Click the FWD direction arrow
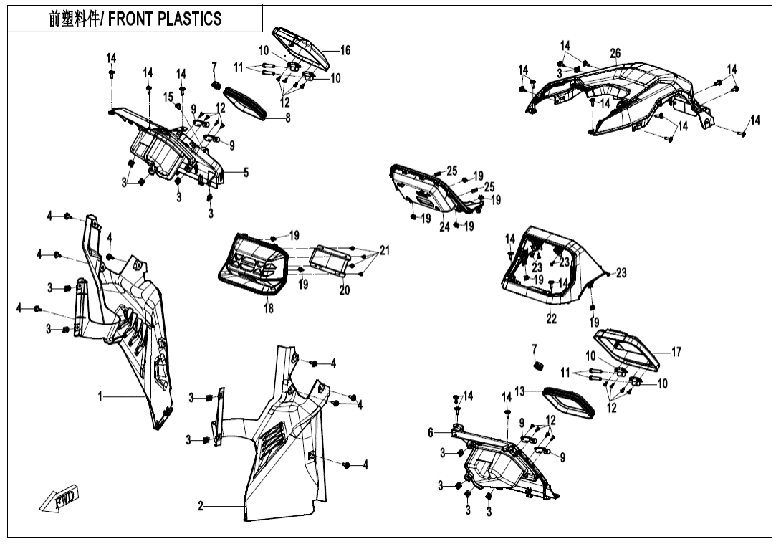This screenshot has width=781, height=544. (x=60, y=499)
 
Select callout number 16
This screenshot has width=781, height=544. (x=345, y=50)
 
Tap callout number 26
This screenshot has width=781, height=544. (x=615, y=54)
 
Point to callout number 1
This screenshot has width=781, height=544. (x=101, y=396)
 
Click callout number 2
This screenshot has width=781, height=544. (x=201, y=507)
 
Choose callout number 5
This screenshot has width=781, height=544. (x=246, y=172)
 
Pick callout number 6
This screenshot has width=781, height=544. (x=431, y=432)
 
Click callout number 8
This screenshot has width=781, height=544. (x=288, y=118)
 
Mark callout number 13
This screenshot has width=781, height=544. (x=520, y=391)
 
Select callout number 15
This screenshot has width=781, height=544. (x=168, y=97)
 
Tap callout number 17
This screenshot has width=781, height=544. (x=676, y=352)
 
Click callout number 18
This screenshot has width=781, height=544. (x=268, y=309)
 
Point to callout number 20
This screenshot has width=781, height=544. (x=344, y=291)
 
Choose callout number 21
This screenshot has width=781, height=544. (x=385, y=250)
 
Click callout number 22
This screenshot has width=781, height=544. (x=551, y=319)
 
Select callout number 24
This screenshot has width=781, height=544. (x=444, y=226)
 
